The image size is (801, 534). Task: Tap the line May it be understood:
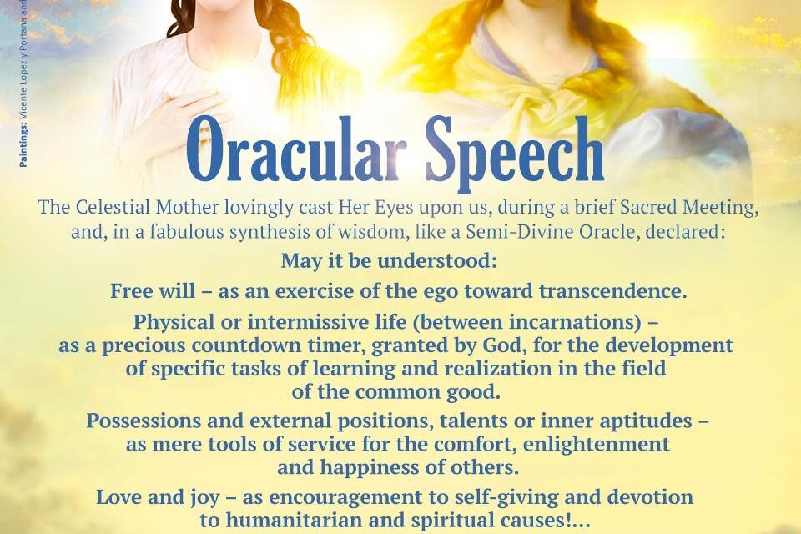[x=389, y=261]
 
